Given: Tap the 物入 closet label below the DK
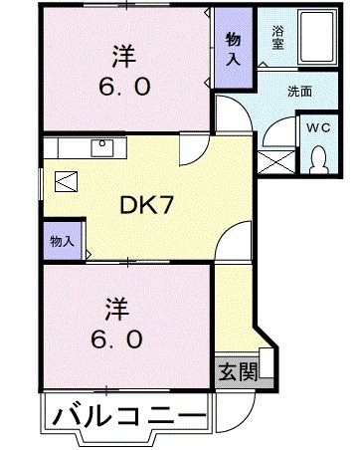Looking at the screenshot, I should click(61, 240).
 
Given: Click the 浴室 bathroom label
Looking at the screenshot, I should click(277, 37).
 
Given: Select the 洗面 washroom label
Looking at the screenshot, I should click(299, 91).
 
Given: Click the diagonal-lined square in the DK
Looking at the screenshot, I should click(66, 183).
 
